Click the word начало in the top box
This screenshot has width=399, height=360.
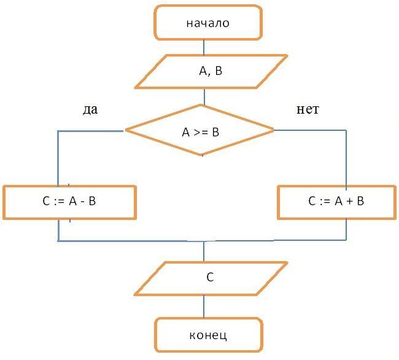click(x=208, y=23)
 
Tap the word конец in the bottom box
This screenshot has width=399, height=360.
click(x=208, y=335)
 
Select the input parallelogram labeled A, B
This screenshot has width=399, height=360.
click(x=211, y=71)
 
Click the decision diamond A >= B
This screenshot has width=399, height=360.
click(x=199, y=130)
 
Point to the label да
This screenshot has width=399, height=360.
click(x=90, y=110)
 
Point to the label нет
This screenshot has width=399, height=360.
click(x=308, y=109)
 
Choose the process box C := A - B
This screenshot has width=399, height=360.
click(x=69, y=202)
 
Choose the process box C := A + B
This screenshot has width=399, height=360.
click(x=336, y=202)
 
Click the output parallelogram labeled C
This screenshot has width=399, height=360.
click(x=211, y=279)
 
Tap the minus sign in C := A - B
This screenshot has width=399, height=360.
click(x=82, y=202)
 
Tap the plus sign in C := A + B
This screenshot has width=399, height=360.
click(x=350, y=202)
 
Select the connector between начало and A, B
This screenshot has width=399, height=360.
click(x=204, y=47)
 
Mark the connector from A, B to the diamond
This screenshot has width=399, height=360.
click(x=204, y=96)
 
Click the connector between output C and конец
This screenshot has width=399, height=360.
click(x=204, y=307)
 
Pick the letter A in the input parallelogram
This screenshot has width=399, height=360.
click(x=203, y=71)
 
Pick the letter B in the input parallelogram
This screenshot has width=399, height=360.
click(x=219, y=71)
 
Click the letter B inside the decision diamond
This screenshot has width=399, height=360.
click(x=215, y=133)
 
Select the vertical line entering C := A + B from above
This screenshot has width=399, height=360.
click(x=346, y=158)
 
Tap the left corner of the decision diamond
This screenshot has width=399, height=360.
click(x=125, y=130)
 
